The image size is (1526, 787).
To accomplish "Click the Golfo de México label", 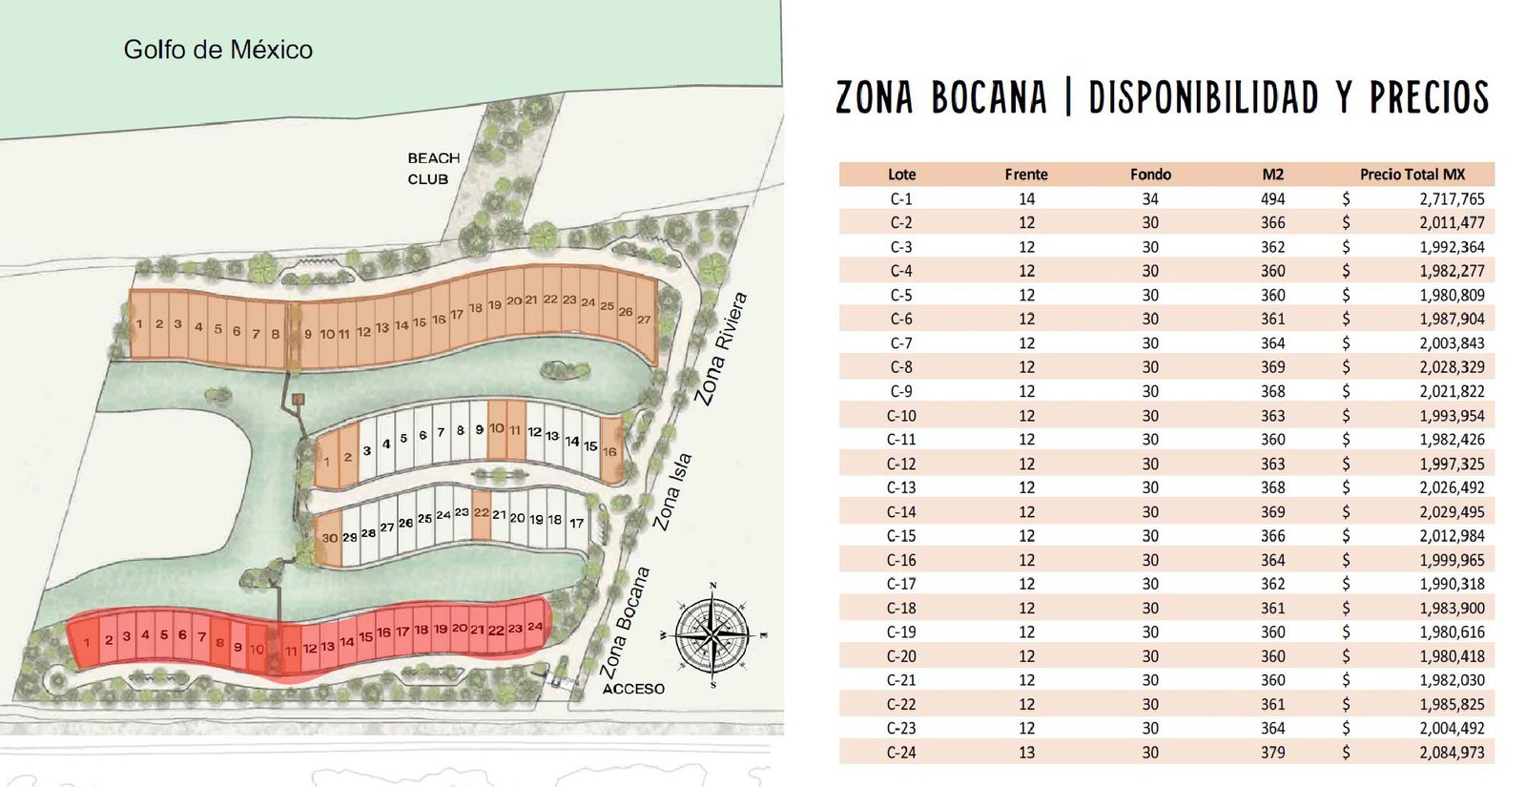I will pos(217,50).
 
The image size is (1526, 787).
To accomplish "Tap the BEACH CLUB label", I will pos(433,169).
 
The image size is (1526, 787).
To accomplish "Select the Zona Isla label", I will pos(672,492).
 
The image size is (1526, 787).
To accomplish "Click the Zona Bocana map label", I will pos(626,622).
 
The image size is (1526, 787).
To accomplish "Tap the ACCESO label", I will pos(633,689).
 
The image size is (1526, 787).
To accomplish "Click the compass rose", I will pos(712,634).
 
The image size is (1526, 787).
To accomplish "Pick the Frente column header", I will pos(1026,175).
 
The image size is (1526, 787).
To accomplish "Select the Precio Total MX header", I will pos(1412,175).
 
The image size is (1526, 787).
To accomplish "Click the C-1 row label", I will pos(901,199).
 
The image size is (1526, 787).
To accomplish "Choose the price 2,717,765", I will pos(1452,199).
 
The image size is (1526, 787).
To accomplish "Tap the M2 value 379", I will pos(1272,753).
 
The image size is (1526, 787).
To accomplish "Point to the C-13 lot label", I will pos(901,487).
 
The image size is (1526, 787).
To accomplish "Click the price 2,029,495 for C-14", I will pos(1452,512).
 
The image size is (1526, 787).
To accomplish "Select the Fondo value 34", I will pos(1150,199).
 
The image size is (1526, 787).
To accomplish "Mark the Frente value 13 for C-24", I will pos(1026,753).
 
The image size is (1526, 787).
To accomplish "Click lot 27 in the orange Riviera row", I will pos(644,320).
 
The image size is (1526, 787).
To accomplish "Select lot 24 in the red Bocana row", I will pos(535,627).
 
